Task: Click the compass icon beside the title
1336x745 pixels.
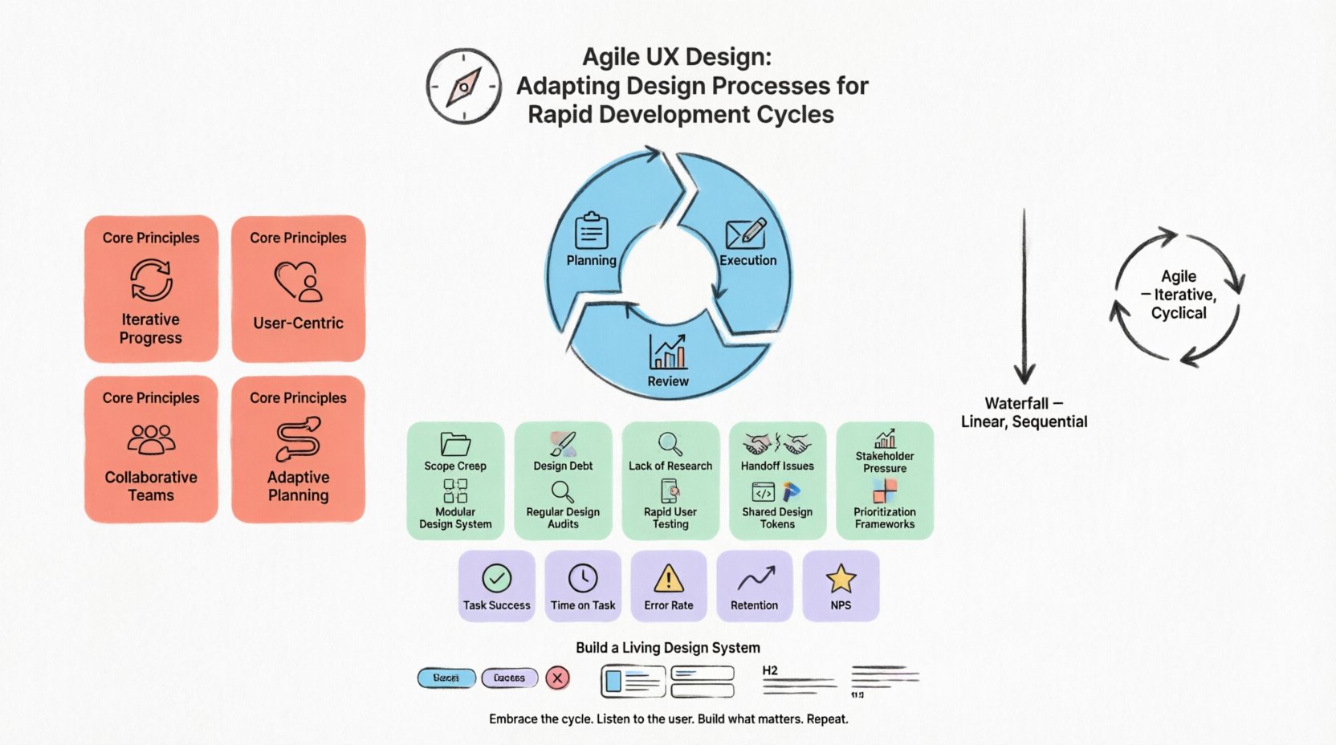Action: [463, 86]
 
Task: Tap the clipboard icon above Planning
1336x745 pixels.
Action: [591, 231]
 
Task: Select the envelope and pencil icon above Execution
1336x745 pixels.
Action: [746, 233]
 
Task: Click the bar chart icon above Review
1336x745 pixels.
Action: [668, 352]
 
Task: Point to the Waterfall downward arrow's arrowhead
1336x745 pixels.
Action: [1024, 374]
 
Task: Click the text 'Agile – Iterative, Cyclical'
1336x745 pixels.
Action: [1178, 295]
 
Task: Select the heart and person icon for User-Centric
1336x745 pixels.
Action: [298, 282]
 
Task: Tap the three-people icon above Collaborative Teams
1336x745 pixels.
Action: [151, 439]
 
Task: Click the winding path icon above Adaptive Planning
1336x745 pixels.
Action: [298, 438]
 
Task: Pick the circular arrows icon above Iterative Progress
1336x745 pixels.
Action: [151, 280]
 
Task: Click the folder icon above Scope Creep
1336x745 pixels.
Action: [455, 444]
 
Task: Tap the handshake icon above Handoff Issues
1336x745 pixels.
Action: [776, 443]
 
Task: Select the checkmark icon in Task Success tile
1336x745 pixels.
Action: [496, 578]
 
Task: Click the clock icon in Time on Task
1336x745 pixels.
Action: [582, 578]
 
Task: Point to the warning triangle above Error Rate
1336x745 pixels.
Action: [668, 578]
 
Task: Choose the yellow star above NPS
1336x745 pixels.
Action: [841, 578]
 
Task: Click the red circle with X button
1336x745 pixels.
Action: [557, 678]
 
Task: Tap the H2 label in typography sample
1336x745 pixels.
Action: [770, 670]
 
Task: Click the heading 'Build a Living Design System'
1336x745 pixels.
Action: [667, 648]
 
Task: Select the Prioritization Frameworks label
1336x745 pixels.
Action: [884, 518]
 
